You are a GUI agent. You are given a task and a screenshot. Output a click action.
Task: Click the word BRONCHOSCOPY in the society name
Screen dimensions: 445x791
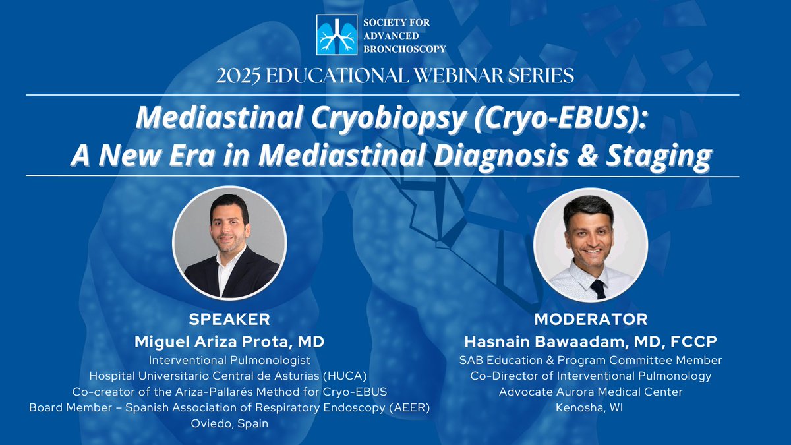pos(405,48)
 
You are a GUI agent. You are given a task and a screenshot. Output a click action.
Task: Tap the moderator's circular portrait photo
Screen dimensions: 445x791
pos(590,245)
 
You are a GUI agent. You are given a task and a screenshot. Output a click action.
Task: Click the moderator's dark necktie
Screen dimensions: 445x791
pos(598,289)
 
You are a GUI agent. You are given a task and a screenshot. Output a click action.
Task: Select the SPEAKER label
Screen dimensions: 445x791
pos(229,320)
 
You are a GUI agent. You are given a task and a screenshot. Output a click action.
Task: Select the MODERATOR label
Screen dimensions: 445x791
pos(591,320)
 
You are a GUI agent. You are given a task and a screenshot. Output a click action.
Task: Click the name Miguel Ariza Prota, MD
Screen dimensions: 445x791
pos(229,341)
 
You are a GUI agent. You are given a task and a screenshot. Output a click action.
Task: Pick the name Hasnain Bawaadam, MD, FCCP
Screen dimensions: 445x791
pos(591,341)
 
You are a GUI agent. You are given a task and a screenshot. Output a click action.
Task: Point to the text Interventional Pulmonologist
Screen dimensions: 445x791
pos(229,360)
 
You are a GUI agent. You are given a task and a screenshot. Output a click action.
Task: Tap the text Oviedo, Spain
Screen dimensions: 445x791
pos(229,423)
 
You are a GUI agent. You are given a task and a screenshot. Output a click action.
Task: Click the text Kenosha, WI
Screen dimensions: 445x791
pos(591,407)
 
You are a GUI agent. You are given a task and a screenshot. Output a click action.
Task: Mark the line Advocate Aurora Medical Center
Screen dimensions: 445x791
pos(591,392)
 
